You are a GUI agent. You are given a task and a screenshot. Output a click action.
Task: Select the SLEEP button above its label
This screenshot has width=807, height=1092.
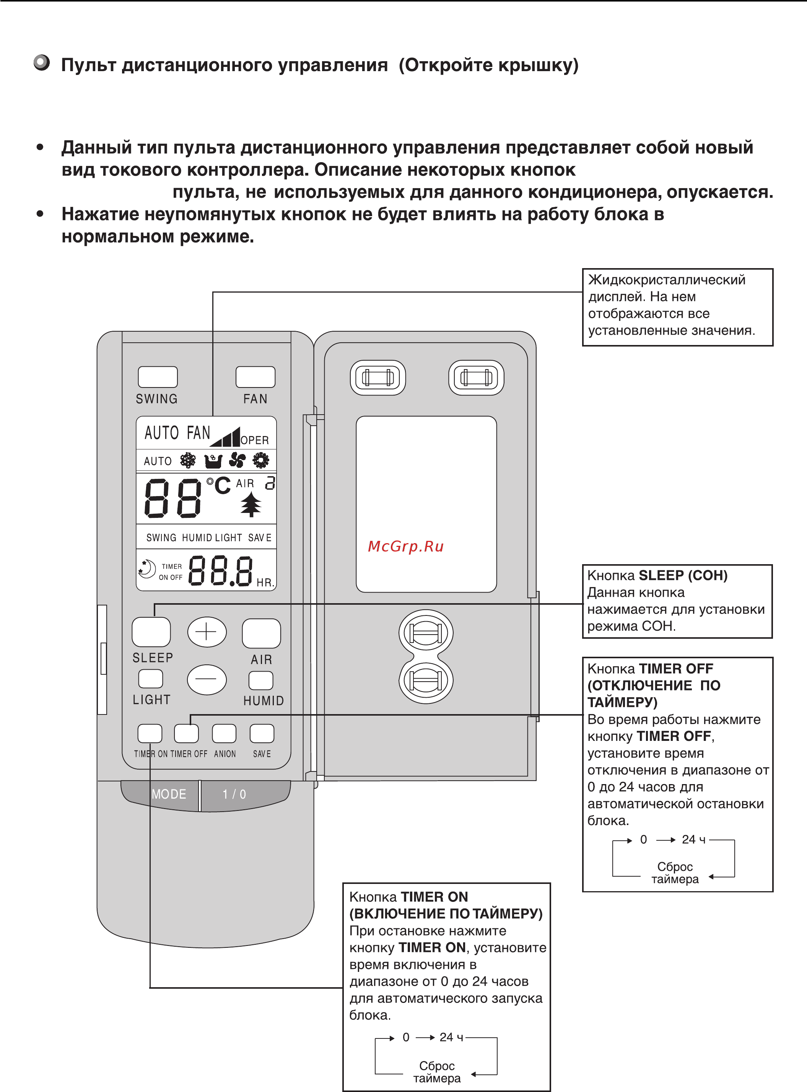[151, 632]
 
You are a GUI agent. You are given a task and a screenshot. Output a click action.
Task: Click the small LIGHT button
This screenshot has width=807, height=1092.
[150, 679]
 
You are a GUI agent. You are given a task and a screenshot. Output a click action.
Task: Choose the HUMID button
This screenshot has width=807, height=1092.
[261, 680]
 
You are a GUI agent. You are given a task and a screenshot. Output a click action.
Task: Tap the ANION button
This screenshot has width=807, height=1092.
[224, 733]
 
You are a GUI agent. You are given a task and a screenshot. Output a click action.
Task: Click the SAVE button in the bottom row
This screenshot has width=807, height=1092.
[262, 733]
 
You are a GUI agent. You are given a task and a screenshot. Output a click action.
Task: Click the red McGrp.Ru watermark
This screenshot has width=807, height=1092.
[405, 546]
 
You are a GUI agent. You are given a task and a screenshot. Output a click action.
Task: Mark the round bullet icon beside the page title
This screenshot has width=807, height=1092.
[42, 63]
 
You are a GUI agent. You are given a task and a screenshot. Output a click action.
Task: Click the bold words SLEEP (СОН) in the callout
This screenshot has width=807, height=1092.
[683, 576]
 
